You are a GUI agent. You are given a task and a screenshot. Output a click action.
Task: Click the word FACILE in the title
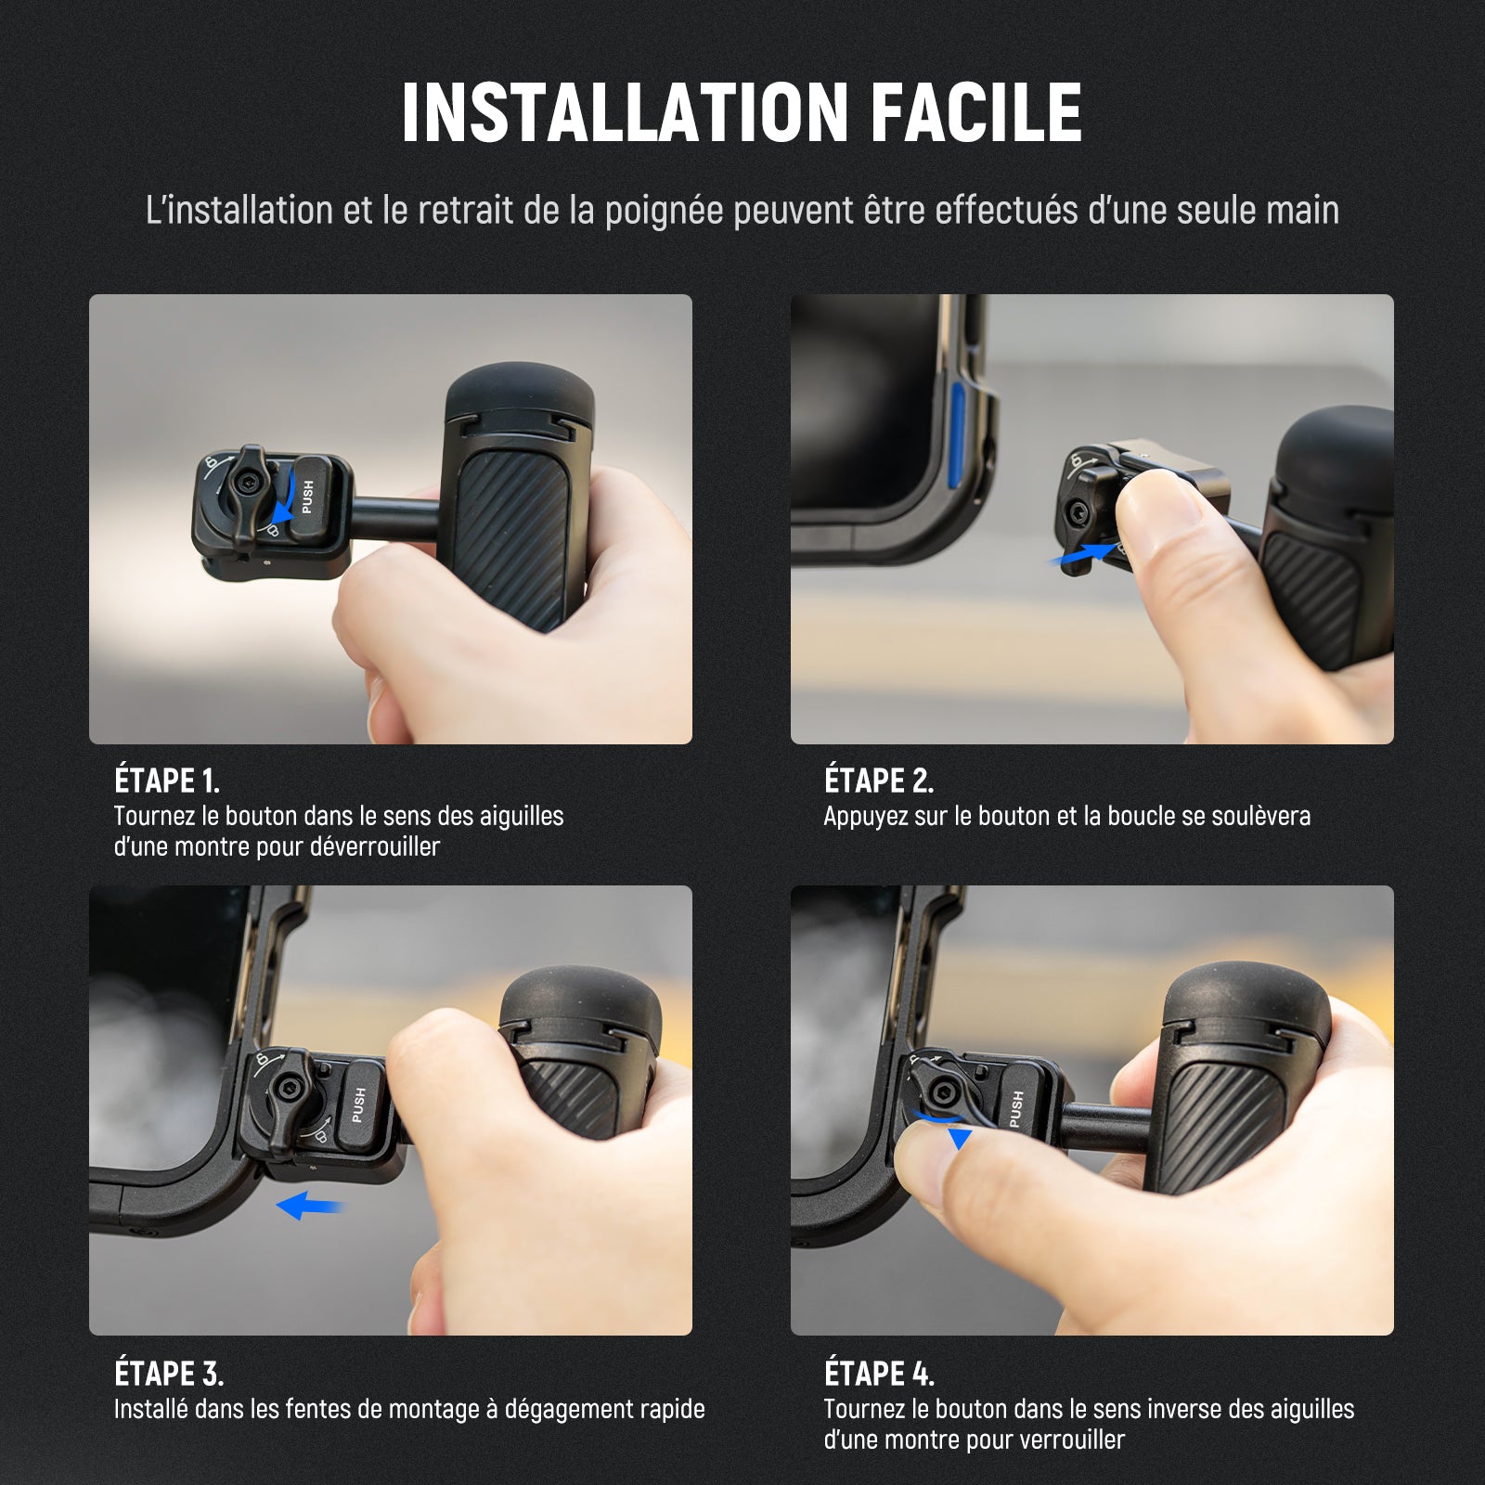tap(976, 112)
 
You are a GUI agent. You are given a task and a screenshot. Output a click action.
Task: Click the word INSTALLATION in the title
tap(625, 112)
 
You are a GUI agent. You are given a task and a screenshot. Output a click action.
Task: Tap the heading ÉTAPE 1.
tap(167, 781)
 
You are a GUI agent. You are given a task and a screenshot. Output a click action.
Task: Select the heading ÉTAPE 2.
tap(878, 781)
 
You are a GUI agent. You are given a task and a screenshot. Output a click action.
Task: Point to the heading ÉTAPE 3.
tap(169, 1373)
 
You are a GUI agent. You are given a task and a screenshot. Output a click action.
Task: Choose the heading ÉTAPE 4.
tap(879, 1373)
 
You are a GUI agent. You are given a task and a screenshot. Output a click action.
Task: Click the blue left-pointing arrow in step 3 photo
tap(310, 1207)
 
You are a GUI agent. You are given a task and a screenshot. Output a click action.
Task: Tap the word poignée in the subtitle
tap(664, 211)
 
